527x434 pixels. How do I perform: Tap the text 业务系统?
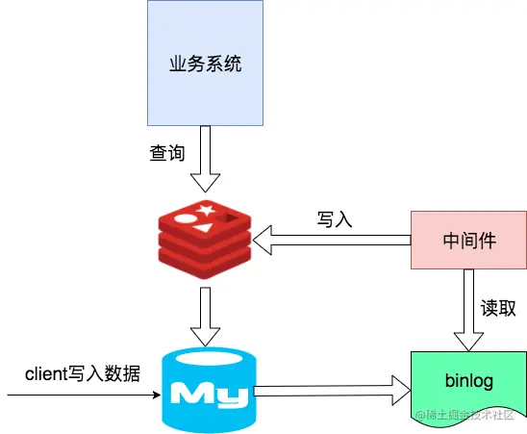coord(204,66)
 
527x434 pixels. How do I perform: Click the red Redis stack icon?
coord(204,237)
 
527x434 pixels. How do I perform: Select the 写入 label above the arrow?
coord(335,218)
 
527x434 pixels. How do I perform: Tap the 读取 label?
coord(498,308)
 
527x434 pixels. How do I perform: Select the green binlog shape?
coord(468,383)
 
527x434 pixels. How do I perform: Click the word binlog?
coord(468,381)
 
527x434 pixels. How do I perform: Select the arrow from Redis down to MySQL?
coord(205,317)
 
